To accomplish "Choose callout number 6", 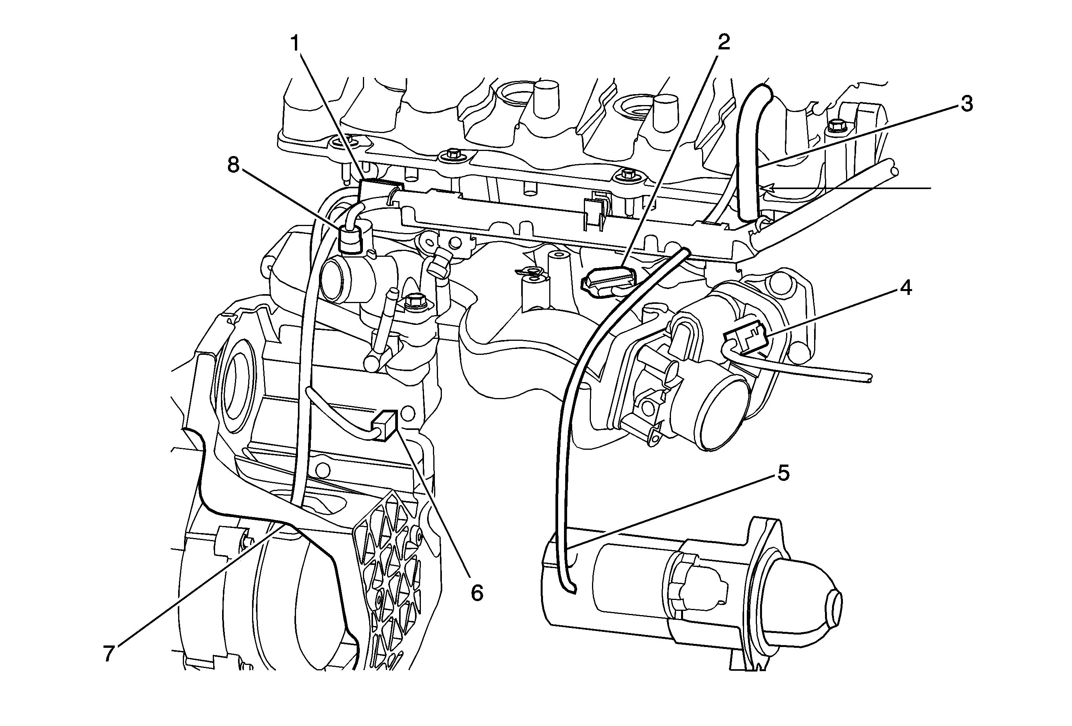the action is pyautogui.click(x=477, y=593).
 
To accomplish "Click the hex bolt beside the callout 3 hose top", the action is pyautogui.click(x=835, y=126).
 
